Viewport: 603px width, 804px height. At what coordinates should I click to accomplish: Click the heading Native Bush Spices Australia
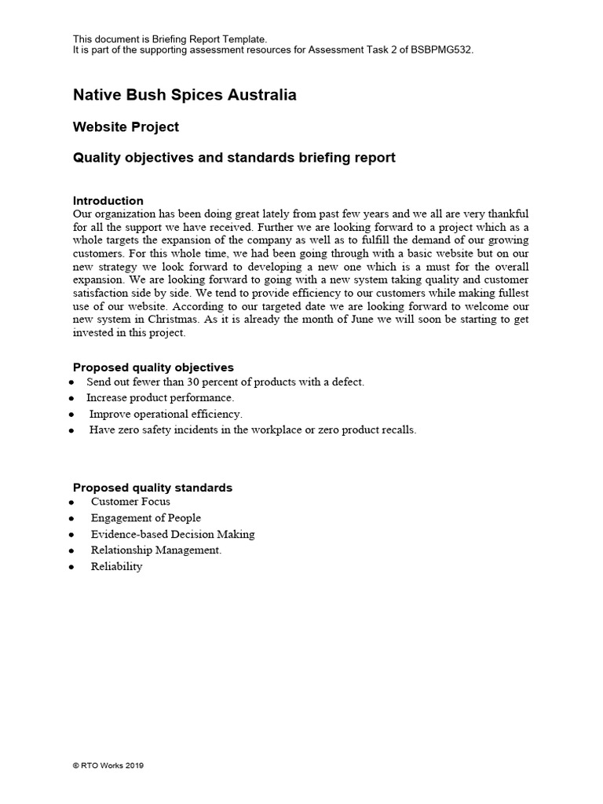(x=185, y=95)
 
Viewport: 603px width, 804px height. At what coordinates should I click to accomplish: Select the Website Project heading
(x=126, y=127)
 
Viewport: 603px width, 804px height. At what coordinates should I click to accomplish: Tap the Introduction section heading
(x=108, y=200)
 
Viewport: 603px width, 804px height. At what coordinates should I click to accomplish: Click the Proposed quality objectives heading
(x=153, y=367)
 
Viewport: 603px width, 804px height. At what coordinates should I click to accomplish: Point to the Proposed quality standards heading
(x=152, y=488)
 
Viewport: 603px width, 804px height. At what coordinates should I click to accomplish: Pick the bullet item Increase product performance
(x=160, y=398)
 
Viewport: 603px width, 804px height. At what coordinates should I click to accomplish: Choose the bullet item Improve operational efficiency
(x=166, y=414)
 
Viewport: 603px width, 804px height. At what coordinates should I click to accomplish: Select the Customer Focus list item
(x=130, y=502)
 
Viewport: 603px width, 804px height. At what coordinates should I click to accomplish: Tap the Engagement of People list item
(x=145, y=518)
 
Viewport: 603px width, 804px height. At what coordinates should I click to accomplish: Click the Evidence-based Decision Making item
(x=173, y=534)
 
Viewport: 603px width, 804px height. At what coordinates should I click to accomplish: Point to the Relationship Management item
(x=156, y=550)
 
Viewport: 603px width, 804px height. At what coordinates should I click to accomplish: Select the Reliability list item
(x=116, y=566)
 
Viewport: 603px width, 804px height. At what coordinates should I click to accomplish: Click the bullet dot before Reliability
(x=72, y=567)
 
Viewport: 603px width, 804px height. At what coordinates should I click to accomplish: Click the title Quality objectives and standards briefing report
(x=234, y=158)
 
